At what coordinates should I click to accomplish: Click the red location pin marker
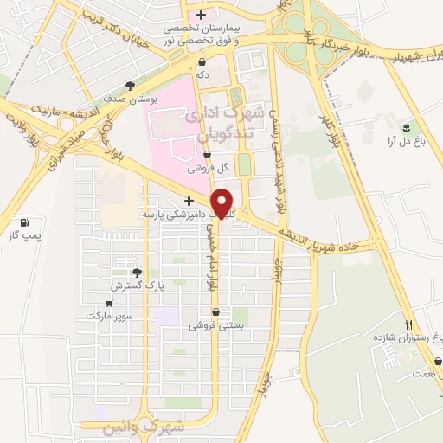point(223,202)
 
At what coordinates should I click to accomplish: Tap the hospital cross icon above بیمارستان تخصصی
point(202,15)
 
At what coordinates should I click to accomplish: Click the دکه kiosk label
point(202,75)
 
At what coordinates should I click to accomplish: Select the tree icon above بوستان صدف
point(130,85)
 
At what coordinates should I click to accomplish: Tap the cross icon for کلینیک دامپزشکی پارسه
point(189,201)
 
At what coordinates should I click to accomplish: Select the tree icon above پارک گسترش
point(137,273)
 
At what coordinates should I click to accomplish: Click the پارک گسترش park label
point(137,285)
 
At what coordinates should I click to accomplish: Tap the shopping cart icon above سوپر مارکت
point(109,304)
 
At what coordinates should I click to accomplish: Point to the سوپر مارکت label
point(109,316)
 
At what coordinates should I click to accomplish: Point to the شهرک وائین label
point(143,427)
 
